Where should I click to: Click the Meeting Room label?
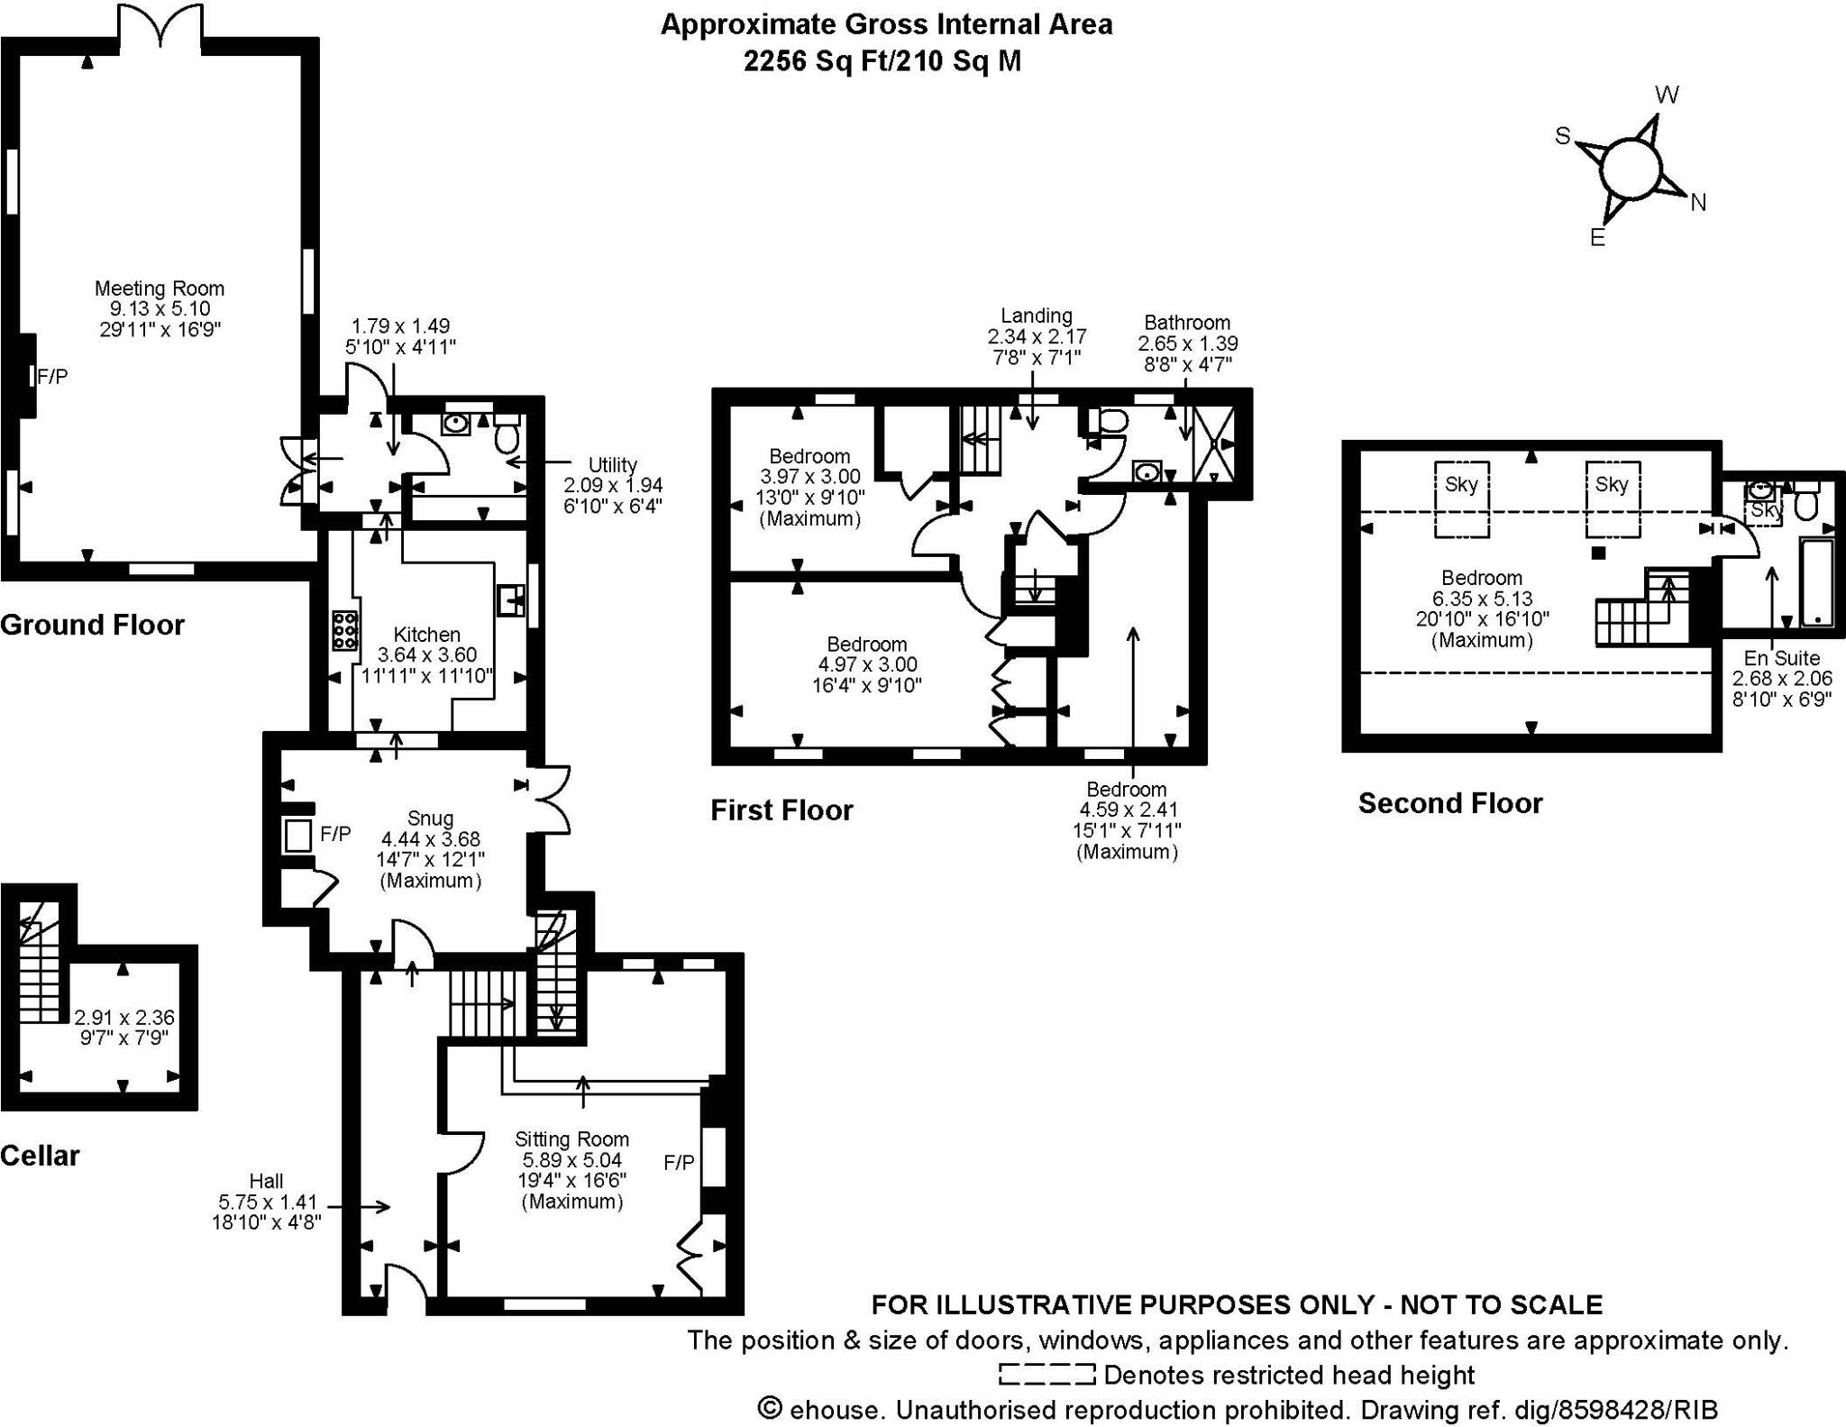160,288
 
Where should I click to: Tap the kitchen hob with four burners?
344,630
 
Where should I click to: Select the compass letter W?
1667,95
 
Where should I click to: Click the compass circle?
1630,169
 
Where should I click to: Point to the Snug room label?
430,819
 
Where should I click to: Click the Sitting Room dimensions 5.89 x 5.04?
571,1160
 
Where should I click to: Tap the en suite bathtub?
1815,581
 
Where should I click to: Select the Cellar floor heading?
41,1156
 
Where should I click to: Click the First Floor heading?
781,810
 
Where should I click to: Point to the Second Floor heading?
1450,803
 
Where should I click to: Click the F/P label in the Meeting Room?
52,377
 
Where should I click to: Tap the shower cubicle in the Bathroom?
1213,444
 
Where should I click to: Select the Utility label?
612,465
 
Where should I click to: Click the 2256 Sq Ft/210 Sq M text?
882,61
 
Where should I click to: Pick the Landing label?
1037,316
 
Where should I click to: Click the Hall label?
266,1181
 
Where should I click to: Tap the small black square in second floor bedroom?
1598,553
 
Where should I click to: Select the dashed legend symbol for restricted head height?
1046,1375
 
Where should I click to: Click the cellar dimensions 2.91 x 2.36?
124,1017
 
